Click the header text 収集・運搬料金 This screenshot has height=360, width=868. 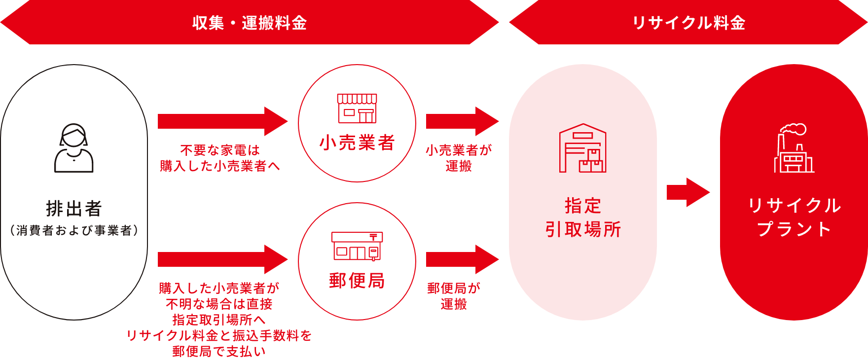pos(250,23)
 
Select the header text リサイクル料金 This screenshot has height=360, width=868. pos(688,23)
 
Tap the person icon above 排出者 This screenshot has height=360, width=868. pos(74,148)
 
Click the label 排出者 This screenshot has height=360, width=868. pos(74,209)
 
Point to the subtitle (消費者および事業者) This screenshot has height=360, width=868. pos(74,230)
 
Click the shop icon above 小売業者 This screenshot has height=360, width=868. pos(357,108)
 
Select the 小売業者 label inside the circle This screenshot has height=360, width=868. pos(357,143)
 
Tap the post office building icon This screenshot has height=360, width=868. pos(357,246)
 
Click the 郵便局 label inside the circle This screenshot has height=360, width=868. pos(357,281)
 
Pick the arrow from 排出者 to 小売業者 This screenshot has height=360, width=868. pos(222,121)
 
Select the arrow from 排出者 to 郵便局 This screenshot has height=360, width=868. pos(222,259)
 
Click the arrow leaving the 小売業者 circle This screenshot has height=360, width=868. pos(462,121)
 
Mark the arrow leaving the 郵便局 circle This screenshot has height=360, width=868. pos(462,259)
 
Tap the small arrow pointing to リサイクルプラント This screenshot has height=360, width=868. pos(687,192)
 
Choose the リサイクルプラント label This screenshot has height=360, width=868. pos(794,217)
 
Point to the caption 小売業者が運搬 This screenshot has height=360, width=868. pos(459,158)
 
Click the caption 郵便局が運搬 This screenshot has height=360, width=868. pos(454,296)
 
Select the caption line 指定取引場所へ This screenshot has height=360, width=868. pos(219,320)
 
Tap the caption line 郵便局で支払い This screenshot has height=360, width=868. pos(219,351)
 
